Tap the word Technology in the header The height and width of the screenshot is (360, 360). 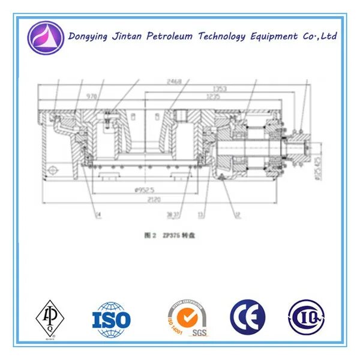(x=219, y=37)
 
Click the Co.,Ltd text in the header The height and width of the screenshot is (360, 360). (x=319, y=36)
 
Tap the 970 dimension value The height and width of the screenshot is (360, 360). (x=91, y=96)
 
